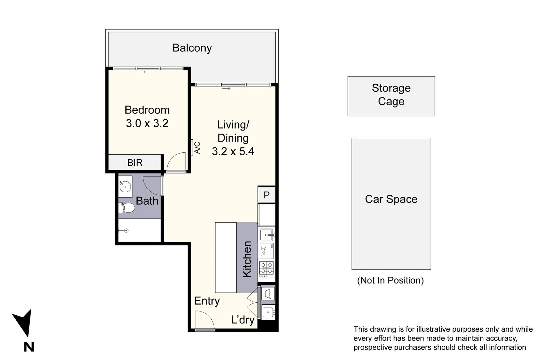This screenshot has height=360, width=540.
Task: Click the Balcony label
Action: point(192,48)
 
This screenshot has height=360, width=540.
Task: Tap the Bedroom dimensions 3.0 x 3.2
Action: point(147,123)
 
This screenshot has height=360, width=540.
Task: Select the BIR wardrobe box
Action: point(135,163)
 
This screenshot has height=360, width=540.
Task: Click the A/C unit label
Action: point(197,148)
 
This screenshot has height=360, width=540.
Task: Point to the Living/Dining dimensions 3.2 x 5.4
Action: point(233,151)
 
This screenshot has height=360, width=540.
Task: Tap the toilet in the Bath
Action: point(128,208)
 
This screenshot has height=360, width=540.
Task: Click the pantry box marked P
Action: point(266,195)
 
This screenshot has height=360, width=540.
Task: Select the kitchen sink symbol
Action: point(267,235)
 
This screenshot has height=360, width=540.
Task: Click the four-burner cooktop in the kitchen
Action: point(267,269)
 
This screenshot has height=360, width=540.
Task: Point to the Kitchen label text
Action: point(247,259)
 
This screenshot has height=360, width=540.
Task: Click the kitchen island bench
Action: point(226,257)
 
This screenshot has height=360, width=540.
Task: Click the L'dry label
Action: point(243,320)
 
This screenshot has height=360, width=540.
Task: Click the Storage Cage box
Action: point(391,96)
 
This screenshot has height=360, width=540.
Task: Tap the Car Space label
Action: point(391,199)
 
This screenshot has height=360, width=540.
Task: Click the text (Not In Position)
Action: point(390,280)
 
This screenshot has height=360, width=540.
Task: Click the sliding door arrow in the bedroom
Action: point(142,72)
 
